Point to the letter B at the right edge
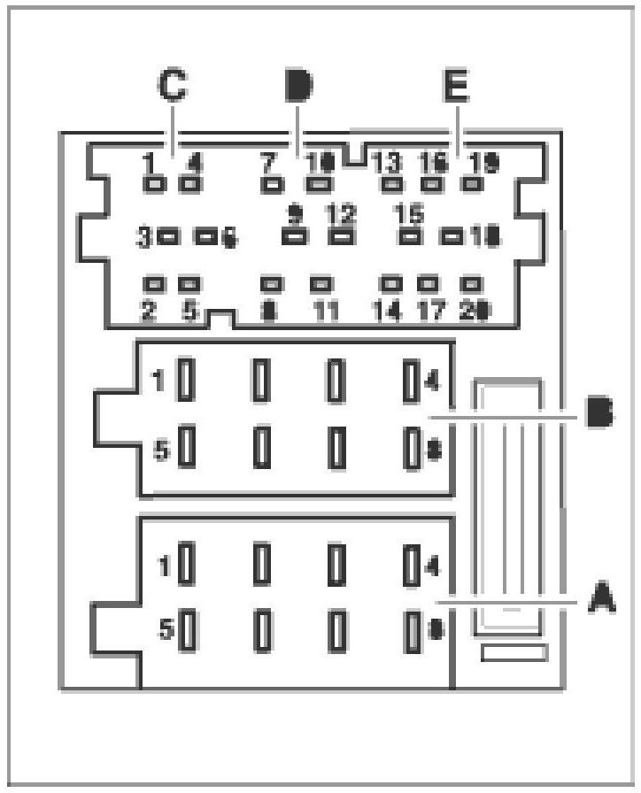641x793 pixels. pos(602,414)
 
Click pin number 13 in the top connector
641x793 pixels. pos(387,163)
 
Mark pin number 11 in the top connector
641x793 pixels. pos(326,311)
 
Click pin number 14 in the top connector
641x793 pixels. pos(387,311)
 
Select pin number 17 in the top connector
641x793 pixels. pos(429,311)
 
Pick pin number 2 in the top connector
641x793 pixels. pos(149,311)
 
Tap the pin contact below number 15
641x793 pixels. pos(408,236)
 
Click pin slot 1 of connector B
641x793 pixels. pos(187,381)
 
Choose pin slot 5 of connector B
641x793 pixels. pos(187,448)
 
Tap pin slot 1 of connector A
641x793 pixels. pos(187,563)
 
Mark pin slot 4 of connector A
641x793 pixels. pos(411,564)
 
